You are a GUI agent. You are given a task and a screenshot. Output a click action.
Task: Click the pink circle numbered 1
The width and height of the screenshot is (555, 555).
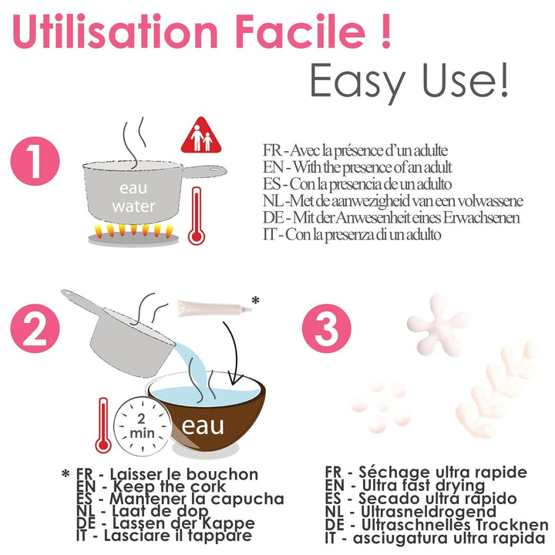click(35, 161)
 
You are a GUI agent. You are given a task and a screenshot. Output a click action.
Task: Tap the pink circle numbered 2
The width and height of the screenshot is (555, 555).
click(35, 328)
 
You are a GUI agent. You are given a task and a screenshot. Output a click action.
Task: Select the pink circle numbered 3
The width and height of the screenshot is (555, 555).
click(326, 328)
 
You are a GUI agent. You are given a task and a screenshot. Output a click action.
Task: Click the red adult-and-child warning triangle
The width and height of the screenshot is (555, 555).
click(201, 136)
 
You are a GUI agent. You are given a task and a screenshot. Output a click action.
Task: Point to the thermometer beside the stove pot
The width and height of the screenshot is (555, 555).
click(196, 216)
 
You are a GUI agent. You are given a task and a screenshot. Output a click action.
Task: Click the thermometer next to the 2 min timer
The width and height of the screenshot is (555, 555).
click(103, 425)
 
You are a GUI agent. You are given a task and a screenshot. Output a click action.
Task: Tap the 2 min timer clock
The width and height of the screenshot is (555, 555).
click(142, 426)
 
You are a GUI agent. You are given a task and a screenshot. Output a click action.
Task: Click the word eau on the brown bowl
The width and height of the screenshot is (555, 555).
click(203, 425)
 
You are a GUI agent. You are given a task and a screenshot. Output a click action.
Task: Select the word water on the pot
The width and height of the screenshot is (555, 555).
click(133, 206)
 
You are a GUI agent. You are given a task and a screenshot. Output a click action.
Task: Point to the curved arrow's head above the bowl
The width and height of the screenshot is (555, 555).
click(234, 379)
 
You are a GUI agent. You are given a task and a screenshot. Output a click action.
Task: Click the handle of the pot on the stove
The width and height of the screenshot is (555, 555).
click(204, 171)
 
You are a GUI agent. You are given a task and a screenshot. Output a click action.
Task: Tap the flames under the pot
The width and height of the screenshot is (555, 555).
click(133, 230)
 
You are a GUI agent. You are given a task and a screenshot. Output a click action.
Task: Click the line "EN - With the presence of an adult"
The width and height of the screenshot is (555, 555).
click(357, 167)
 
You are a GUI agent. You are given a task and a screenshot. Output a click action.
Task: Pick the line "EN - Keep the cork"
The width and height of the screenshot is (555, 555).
click(151, 486)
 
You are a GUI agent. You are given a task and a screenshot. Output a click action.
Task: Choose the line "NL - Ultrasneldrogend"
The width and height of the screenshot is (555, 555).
click(411, 512)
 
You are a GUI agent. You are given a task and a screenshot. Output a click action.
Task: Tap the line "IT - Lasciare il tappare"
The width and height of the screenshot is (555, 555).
click(164, 536)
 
